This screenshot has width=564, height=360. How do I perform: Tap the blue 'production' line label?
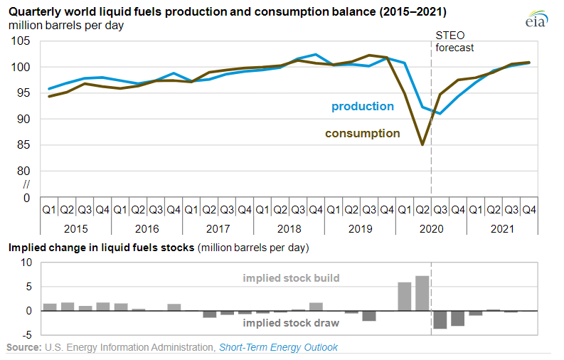pyautogui.click(x=362, y=106)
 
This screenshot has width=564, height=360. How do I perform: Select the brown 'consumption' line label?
pyautogui.click(x=362, y=133)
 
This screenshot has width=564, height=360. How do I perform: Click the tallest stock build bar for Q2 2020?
pyautogui.click(x=422, y=293)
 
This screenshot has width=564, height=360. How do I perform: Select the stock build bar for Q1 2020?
pyautogui.click(x=405, y=296)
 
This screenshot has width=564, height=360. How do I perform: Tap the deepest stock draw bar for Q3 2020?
pyautogui.click(x=440, y=319)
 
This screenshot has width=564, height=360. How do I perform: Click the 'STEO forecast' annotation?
pyautogui.click(x=454, y=42)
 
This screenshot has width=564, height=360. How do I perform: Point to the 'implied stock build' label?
pyautogui.click(x=292, y=277)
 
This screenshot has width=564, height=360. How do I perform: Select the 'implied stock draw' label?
pyautogui.click(x=290, y=322)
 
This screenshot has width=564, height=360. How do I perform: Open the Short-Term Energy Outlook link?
pyautogui.click(x=278, y=347)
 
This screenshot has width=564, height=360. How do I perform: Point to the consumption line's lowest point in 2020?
pyautogui.click(x=422, y=144)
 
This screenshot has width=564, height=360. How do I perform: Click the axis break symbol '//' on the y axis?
pyautogui.click(x=28, y=184)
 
